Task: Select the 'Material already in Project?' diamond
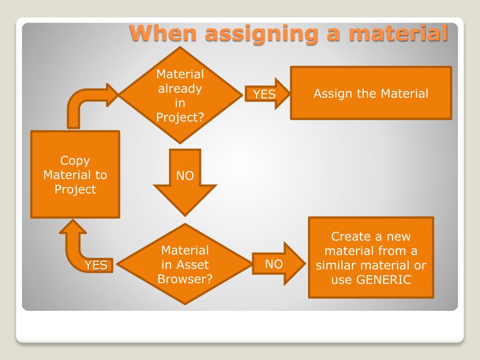[x=180, y=95]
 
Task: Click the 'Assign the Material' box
[x=371, y=93]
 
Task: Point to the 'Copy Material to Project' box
[x=75, y=174]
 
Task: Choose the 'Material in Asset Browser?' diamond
[x=185, y=264]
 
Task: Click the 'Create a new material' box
[x=371, y=257]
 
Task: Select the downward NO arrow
[x=185, y=180]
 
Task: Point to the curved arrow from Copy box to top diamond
[x=84, y=103]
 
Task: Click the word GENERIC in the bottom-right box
[x=384, y=280]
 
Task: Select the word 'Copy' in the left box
[x=75, y=160]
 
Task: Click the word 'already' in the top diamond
[x=180, y=89]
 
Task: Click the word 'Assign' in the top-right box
[x=332, y=93]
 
